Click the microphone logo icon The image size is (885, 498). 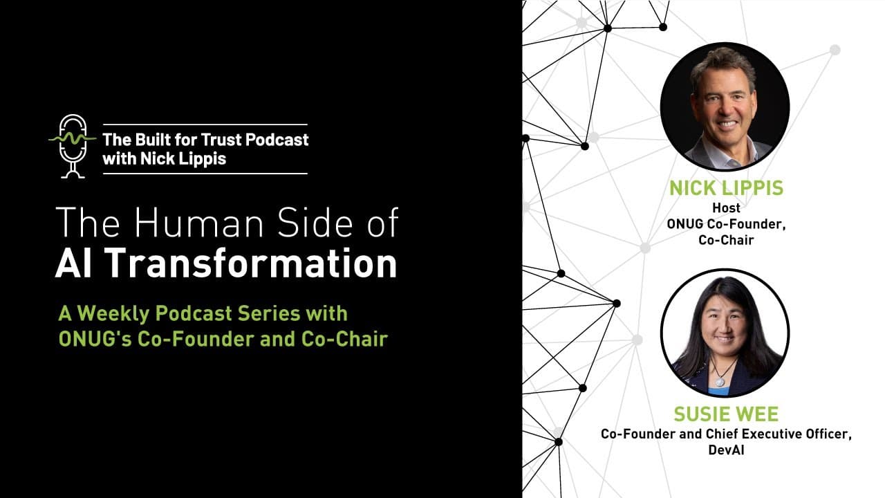tap(72, 145)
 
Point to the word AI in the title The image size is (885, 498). tap(74, 264)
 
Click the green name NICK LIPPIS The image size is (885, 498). tap(725, 188)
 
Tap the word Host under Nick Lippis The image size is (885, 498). tap(725, 207)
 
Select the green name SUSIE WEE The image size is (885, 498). tap(725, 415)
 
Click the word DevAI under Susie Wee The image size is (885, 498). tap(725, 450)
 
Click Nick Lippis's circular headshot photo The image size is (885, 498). tap(725, 106)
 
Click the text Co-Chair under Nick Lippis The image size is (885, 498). tap(725, 240)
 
